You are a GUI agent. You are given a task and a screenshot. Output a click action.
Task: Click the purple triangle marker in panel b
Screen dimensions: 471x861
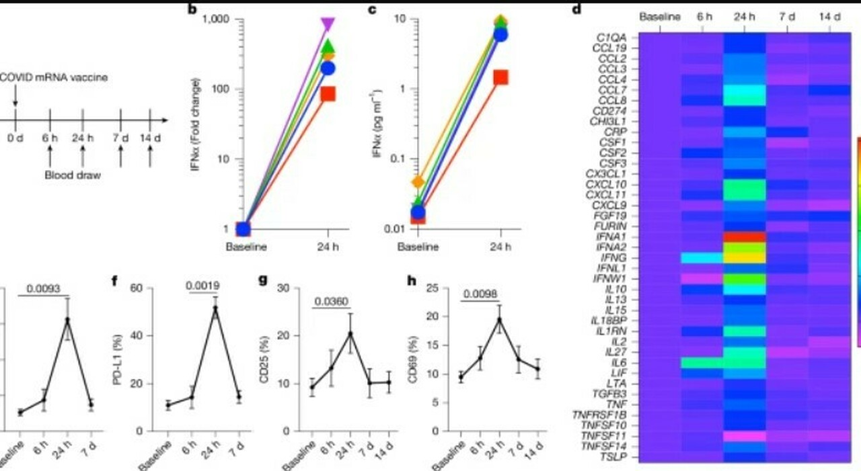[x=328, y=25]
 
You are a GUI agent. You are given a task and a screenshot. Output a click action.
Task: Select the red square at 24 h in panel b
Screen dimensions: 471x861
[x=328, y=93]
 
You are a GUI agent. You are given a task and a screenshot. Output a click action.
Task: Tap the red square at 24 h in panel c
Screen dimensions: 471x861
[x=500, y=77]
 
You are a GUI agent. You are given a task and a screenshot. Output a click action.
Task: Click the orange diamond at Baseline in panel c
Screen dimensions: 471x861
[x=418, y=182]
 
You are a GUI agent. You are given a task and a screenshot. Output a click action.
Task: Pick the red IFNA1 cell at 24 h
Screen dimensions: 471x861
[x=745, y=237]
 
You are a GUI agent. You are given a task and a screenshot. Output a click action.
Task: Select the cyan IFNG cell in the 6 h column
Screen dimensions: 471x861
[x=702, y=257]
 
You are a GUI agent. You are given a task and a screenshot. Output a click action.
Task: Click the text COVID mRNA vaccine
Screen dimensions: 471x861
[x=54, y=78]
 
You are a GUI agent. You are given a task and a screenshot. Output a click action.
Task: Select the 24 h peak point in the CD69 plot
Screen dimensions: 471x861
[x=499, y=320]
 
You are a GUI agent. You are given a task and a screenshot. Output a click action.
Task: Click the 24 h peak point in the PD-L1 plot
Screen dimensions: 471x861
[x=215, y=308]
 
